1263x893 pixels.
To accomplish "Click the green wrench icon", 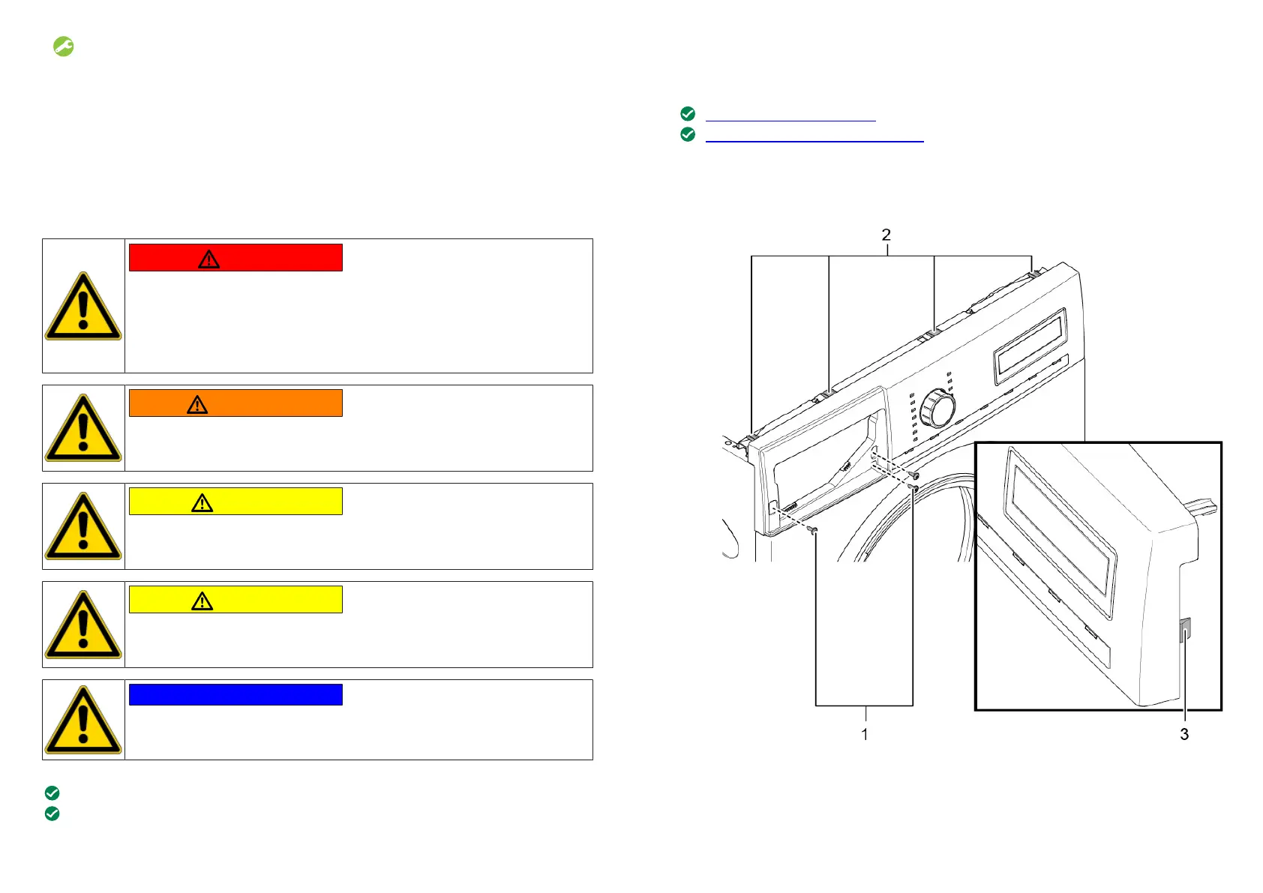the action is coord(63,46).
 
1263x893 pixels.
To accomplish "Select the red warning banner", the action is coord(235,258).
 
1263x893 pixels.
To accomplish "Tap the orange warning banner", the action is coord(235,403).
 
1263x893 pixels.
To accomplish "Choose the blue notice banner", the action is coord(235,694).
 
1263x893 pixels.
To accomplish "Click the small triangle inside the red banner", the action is coord(208,259).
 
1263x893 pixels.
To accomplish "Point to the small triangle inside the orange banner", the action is coord(197,405).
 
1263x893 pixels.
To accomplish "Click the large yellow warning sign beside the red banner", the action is coord(83,306).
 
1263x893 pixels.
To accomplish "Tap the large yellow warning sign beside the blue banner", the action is coord(83,720).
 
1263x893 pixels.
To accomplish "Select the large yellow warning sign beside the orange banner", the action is coord(83,428).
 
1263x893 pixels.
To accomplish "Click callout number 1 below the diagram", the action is coord(864,734).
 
